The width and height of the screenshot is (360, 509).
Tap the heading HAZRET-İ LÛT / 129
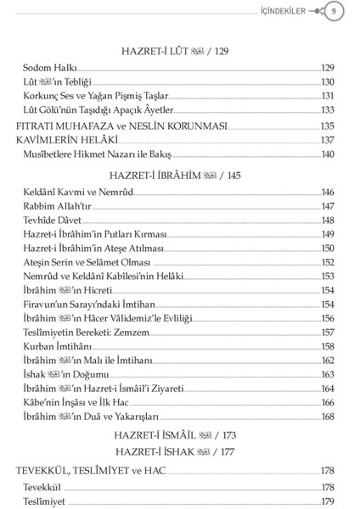point(178,52)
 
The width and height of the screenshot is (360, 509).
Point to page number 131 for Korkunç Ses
point(328,97)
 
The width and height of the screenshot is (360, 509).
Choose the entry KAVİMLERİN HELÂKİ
point(66,140)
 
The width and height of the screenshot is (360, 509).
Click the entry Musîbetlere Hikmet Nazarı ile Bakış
point(98,155)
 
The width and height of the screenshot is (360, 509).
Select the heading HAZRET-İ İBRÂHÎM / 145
point(178,176)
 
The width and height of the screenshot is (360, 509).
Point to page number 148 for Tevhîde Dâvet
point(328,221)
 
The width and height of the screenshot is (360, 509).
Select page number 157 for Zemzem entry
point(328,333)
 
